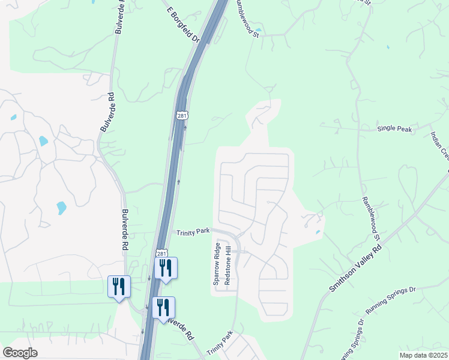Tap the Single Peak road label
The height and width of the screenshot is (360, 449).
[394, 129]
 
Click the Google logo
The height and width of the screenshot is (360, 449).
[20, 353]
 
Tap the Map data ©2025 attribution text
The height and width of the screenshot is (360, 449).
[423, 355]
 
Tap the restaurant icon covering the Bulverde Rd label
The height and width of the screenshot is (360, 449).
[163, 307]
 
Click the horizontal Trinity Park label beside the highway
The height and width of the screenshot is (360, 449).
[192, 232]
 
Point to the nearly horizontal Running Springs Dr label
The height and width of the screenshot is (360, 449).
[390, 301]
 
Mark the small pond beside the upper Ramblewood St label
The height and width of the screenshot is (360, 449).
[258, 29]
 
